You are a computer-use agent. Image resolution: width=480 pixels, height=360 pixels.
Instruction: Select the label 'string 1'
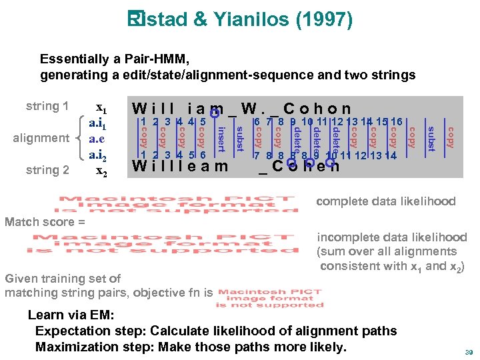47,106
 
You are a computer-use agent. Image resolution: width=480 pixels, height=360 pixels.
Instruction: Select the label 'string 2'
47,170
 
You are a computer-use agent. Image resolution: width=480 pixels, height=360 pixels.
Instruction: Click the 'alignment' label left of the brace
41,138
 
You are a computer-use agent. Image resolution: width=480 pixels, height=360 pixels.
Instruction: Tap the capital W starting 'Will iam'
141,108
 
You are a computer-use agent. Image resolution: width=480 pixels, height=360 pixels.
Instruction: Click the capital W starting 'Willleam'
140,165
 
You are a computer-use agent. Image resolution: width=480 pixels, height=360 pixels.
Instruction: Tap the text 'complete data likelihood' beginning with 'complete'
385,201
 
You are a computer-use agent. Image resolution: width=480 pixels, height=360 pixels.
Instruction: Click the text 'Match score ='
45,221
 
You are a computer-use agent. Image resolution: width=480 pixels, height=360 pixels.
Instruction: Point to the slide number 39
468,352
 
